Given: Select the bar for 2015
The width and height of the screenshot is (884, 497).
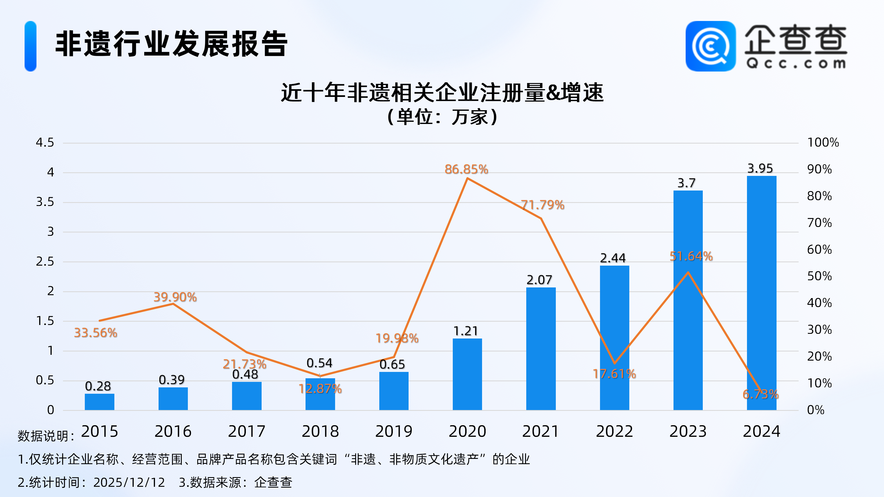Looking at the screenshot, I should point(99,402).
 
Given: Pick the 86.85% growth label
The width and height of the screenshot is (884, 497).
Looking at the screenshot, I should point(466,169).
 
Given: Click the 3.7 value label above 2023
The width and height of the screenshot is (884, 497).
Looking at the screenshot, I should point(686,183).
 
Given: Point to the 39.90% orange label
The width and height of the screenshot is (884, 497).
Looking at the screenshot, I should point(175,297).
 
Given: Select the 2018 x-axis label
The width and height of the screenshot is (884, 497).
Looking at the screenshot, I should point(320,431).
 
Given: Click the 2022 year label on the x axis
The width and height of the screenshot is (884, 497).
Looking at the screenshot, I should point(614,431).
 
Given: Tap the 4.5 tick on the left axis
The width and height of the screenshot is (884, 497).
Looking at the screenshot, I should point(45,142).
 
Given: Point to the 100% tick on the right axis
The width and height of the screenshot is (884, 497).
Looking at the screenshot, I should point(823,142).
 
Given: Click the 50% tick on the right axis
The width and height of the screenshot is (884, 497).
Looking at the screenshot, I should point(819,276).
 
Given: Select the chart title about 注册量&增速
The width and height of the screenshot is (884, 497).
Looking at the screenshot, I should point(442,92).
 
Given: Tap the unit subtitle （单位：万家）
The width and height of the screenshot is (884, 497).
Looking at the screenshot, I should point(442,117).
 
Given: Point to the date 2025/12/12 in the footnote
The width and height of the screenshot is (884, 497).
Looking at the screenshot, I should point(129,482).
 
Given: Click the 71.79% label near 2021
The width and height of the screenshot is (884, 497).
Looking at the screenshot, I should point(543,205).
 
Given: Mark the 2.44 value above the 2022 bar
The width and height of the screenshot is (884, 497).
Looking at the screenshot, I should point(613,258).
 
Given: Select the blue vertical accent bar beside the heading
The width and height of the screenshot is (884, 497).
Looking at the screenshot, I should point(31,46).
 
